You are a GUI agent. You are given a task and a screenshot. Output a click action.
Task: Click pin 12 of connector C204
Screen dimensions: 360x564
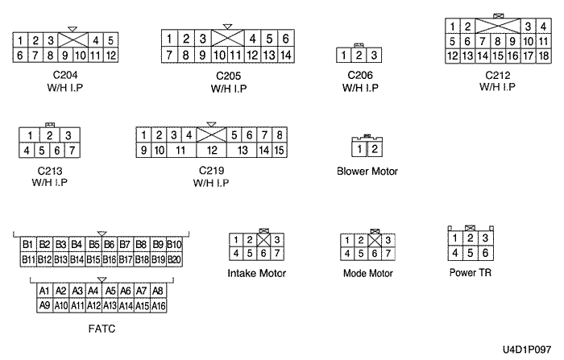pos(110,55)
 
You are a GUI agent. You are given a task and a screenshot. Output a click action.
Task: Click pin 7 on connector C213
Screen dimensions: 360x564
pos(71,150)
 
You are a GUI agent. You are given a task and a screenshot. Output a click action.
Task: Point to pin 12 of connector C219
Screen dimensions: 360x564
pos(212,150)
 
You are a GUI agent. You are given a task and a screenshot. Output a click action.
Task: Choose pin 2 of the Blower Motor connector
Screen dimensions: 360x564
pos(374,150)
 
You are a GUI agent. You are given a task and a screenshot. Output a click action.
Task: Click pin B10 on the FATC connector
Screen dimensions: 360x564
pos(174,244)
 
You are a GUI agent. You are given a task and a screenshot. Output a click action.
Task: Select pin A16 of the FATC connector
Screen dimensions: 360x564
pos(159,306)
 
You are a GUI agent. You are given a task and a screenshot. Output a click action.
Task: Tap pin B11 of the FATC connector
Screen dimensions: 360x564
pos(28,259)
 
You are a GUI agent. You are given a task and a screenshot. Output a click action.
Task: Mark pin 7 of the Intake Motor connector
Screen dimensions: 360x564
pos(277,254)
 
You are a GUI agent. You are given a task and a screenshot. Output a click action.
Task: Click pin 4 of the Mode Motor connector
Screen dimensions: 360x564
pos(348,254)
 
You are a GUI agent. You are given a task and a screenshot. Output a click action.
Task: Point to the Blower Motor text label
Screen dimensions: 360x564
pos(367,172)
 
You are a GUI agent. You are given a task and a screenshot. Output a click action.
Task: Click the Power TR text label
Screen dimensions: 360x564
pos(471,273)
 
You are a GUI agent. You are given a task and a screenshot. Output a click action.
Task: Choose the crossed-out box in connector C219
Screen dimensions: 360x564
pos(211,134)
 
